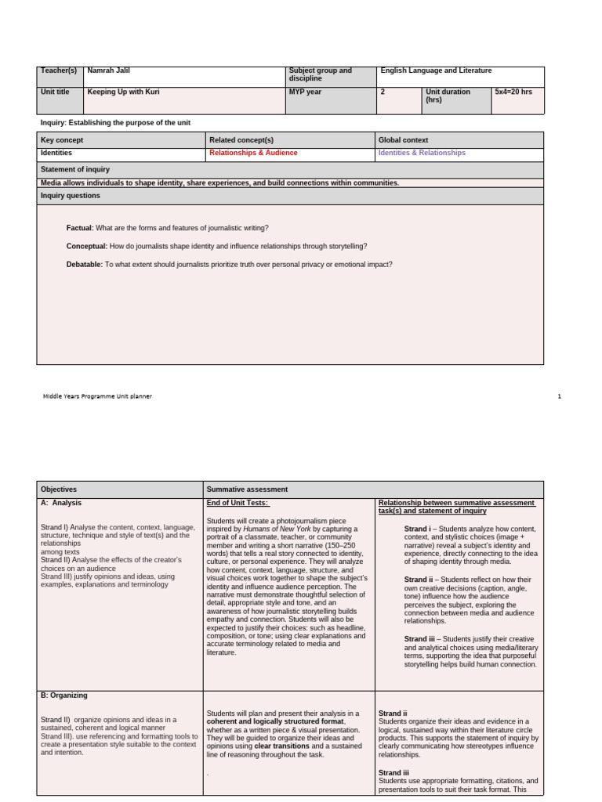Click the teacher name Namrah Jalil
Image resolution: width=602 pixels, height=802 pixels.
pos(109,70)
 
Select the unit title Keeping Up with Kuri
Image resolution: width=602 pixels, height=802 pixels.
pos(123,92)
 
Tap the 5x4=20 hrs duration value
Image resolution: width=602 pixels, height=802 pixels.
pos(513,92)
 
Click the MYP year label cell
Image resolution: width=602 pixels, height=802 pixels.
pos(306,92)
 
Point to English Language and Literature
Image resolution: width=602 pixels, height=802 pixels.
pos(436,70)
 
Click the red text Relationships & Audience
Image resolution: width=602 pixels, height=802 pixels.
pos(253,153)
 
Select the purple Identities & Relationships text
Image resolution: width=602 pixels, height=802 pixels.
pos(422,153)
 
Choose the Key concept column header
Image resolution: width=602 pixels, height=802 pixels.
pos(62,139)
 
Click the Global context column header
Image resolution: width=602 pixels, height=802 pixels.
pos(403,139)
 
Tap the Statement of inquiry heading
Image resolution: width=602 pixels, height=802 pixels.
pos(75,169)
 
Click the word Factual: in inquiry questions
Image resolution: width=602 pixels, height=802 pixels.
pos(80,228)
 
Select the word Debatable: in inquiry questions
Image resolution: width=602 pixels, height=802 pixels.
pos(85,265)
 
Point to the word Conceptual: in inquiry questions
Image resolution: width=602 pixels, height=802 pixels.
pos(86,246)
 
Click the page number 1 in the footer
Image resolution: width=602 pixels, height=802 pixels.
pos(560,396)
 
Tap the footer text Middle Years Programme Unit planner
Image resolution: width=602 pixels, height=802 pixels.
pos(97,396)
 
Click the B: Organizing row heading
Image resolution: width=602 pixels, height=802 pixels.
pos(64,695)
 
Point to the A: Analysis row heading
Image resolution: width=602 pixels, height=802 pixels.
pos(61,503)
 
